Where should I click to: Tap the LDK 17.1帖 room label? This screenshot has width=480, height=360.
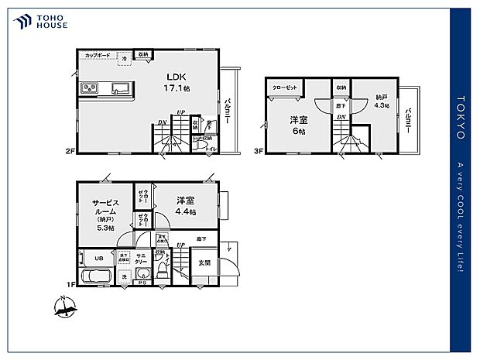[176, 83]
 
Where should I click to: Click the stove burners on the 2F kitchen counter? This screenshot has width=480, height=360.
[88, 87]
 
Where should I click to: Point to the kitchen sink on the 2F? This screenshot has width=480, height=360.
[120, 87]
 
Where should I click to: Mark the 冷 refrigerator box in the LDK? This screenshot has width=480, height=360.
[125, 58]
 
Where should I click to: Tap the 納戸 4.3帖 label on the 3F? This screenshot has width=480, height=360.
[382, 101]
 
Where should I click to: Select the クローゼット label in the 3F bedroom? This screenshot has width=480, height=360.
[286, 87]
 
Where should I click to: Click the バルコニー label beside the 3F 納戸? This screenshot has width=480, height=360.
[408, 120]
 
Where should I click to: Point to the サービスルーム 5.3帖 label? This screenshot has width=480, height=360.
[105, 211]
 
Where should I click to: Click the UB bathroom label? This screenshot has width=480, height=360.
[99, 258]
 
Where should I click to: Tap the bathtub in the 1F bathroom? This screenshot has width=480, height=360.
[99, 277]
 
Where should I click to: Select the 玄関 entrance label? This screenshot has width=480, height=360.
[204, 262]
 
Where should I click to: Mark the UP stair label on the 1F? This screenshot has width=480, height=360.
[180, 246]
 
